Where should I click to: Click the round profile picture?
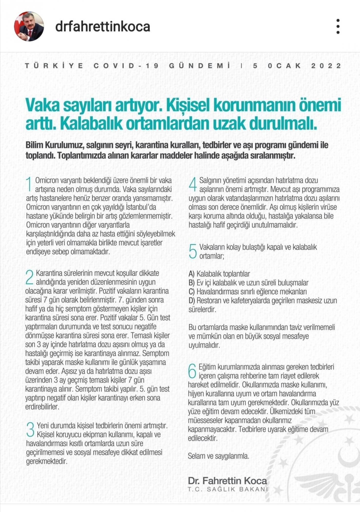(x=29, y=26)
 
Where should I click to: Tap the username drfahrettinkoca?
(x=103, y=27)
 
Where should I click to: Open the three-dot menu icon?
(x=338, y=26)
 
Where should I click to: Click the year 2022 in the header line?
(x=326, y=66)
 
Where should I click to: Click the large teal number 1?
(x=29, y=184)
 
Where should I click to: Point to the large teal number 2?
(x=30, y=277)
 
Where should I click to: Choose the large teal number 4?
(x=193, y=184)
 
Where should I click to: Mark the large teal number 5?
(x=193, y=251)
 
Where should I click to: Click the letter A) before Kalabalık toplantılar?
(x=192, y=274)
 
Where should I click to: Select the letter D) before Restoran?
(x=192, y=301)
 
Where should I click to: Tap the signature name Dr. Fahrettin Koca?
(x=227, y=481)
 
